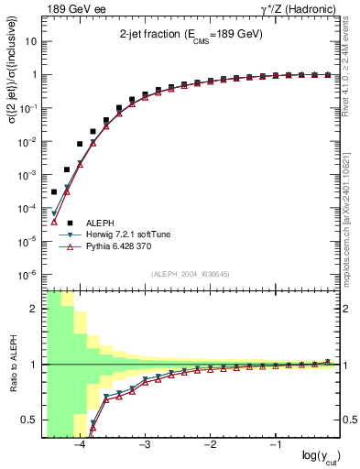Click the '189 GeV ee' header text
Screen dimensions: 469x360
pyautogui.click(x=66, y=9)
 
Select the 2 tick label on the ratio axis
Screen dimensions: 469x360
pyautogui.click(x=35, y=309)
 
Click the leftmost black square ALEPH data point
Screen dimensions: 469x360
pyautogui.click(x=54, y=192)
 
